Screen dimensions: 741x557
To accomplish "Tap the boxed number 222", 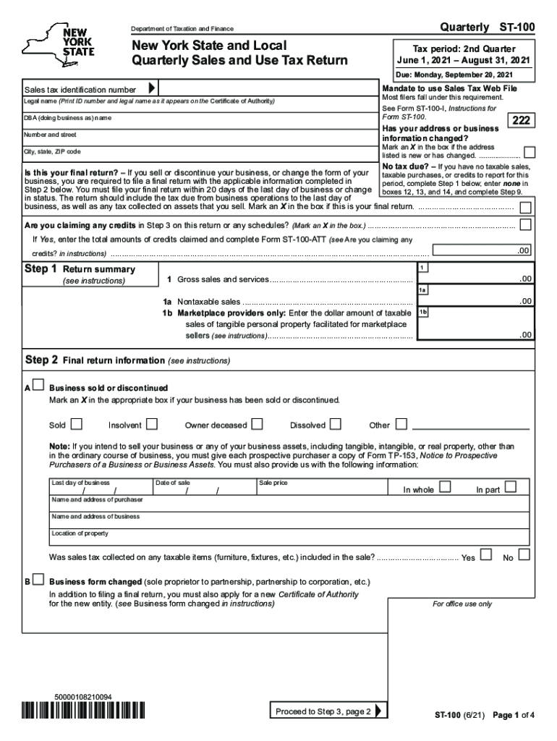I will pos(522,121).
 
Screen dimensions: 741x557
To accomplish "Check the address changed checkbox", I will pos(530,153).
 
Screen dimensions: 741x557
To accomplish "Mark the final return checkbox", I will pos(525,207).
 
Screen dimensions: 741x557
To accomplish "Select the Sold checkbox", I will pos(77,424).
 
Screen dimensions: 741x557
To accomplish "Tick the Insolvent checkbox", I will pos(152,424).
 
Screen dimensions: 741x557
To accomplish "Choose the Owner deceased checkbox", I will pos(257,424).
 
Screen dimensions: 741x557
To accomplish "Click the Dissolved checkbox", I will pos(335,424).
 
